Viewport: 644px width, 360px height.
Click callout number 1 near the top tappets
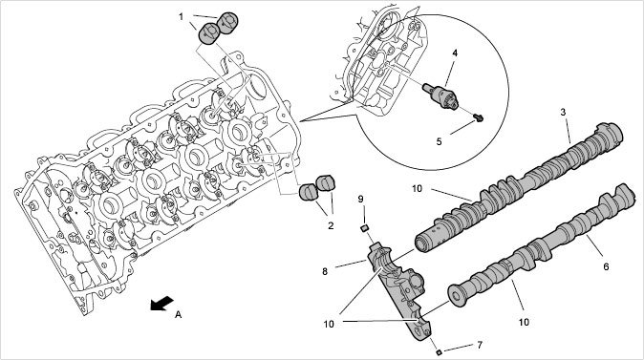(181, 17)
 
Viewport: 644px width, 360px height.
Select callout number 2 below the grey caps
(331, 225)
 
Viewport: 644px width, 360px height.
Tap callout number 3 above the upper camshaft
(563, 112)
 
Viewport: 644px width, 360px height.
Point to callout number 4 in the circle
(455, 53)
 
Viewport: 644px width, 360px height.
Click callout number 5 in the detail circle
(440, 141)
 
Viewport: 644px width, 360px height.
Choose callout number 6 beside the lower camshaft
(606, 266)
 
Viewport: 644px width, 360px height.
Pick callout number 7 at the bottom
(480, 346)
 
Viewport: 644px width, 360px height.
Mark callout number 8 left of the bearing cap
(325, 271)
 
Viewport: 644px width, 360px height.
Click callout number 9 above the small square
(360, 199)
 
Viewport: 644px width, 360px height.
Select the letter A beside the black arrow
(178, 314)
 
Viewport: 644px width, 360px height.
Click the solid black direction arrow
(161, 304)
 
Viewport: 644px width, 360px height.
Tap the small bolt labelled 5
(478, 118)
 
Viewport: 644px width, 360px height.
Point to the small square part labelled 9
(363, 228)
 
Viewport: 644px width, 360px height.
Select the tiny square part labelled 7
(439, 351)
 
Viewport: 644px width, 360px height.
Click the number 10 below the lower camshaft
(524, 322)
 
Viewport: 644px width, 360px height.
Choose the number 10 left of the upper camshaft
(417, 188)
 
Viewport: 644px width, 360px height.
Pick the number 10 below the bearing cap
(329, 325)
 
